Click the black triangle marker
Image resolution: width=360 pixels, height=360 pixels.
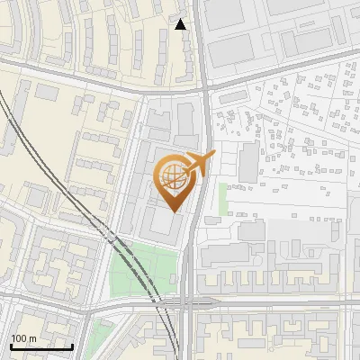coord(181,24)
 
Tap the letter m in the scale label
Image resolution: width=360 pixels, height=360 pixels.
coord(32,338)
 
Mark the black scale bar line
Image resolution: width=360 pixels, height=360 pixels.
coord(41,346)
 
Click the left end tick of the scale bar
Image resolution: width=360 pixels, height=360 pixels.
coord(11,346)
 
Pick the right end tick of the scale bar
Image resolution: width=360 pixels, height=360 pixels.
coord(72,346)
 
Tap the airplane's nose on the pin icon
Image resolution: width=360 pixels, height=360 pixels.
coord(213,156)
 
